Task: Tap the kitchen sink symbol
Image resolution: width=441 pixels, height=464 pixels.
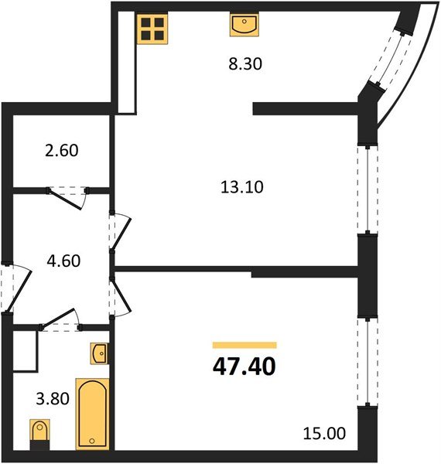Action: [242, 26]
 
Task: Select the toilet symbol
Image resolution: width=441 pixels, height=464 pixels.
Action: [38, 432]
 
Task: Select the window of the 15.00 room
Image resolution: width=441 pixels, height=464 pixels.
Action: [362, 360]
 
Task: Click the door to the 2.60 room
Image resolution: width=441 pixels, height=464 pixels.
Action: [70, 194]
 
